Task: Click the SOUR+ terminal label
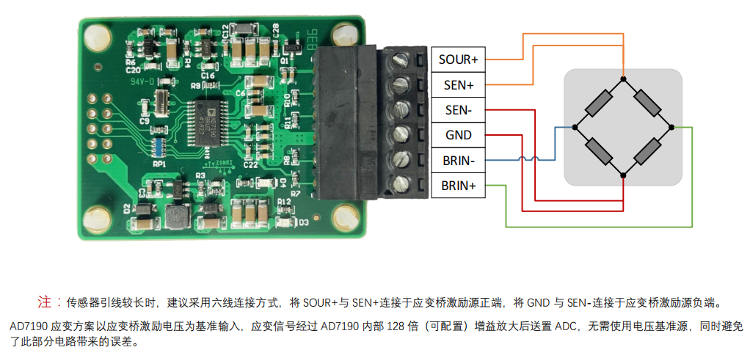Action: [x=458, y=59]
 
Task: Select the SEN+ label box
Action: [x=458, y=85]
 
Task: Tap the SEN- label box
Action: [x=458, y=111]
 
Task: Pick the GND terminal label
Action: [x=458, y=136]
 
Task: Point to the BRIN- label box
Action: [x=458, y=161]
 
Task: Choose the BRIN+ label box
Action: [x=458, y=186]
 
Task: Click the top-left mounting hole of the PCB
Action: [x=95, y=34]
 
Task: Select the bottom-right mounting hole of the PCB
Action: [x=342, y=218]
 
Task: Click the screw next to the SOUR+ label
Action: [x=401, y=59]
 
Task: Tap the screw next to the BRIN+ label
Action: [x=401, y=185]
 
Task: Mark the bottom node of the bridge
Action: [x=623, y=175]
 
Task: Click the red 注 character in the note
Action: [x=45, y=302]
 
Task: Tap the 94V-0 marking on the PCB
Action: [x=142, y=82]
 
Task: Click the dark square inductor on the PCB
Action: [x=176, y=216]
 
